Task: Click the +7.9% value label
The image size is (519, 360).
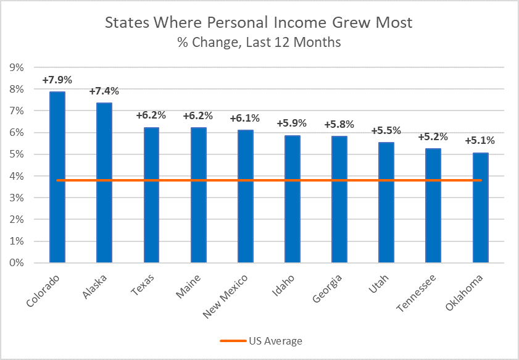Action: coord(57,80)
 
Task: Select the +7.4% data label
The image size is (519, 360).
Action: coord(104,91)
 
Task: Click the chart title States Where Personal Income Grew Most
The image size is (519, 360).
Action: coord(259,23)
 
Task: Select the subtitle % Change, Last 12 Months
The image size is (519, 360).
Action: coord(259,43)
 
